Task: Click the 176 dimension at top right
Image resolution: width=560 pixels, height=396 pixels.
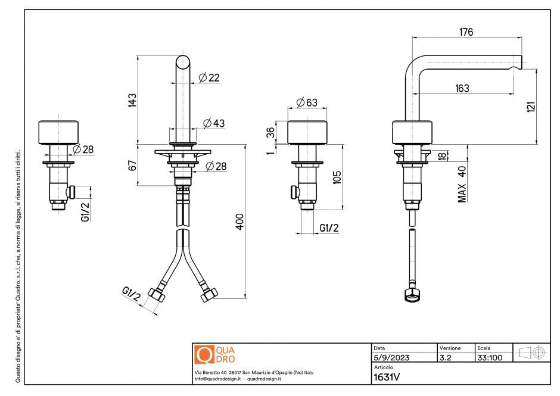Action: click(x=466, y=32)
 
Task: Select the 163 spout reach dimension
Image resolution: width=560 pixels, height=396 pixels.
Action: click(x=462, y=88)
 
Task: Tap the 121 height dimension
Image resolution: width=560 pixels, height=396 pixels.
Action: click(x=531, y=105)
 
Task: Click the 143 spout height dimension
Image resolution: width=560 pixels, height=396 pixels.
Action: click(x=132, y=99)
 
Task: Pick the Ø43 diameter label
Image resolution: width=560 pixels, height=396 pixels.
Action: click(x=214, y=123)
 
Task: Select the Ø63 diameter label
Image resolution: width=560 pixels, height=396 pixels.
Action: click(x=306, y=102)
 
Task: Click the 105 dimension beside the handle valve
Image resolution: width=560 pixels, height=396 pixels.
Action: click(x=337, y=177)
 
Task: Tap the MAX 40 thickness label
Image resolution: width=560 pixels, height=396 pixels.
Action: click(x=462, y=184)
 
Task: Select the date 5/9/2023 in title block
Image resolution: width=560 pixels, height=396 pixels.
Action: click(x=391, y=358)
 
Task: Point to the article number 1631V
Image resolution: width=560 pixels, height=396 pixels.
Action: click(x=386, y=376)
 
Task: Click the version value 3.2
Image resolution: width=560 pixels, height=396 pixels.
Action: click(x=445, y=358)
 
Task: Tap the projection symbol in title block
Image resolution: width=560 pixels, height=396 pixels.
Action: click(x=532, y=353)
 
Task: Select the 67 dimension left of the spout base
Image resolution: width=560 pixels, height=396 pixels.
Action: click(x=132, y=165)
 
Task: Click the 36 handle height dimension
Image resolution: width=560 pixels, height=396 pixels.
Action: click(x=270, y=132)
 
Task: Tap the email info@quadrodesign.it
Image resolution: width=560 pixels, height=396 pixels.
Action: click(x=217, y=379)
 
